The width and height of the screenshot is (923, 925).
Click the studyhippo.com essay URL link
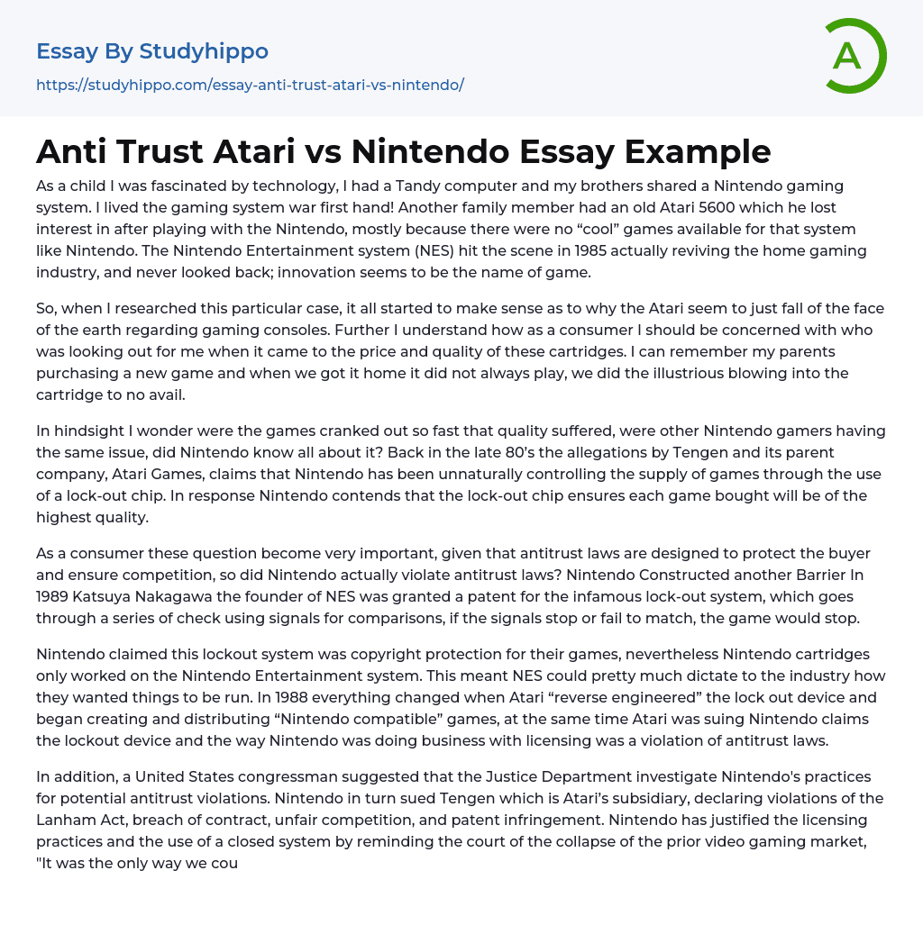point(250,86)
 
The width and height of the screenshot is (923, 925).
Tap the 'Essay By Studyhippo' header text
point(152,51)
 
